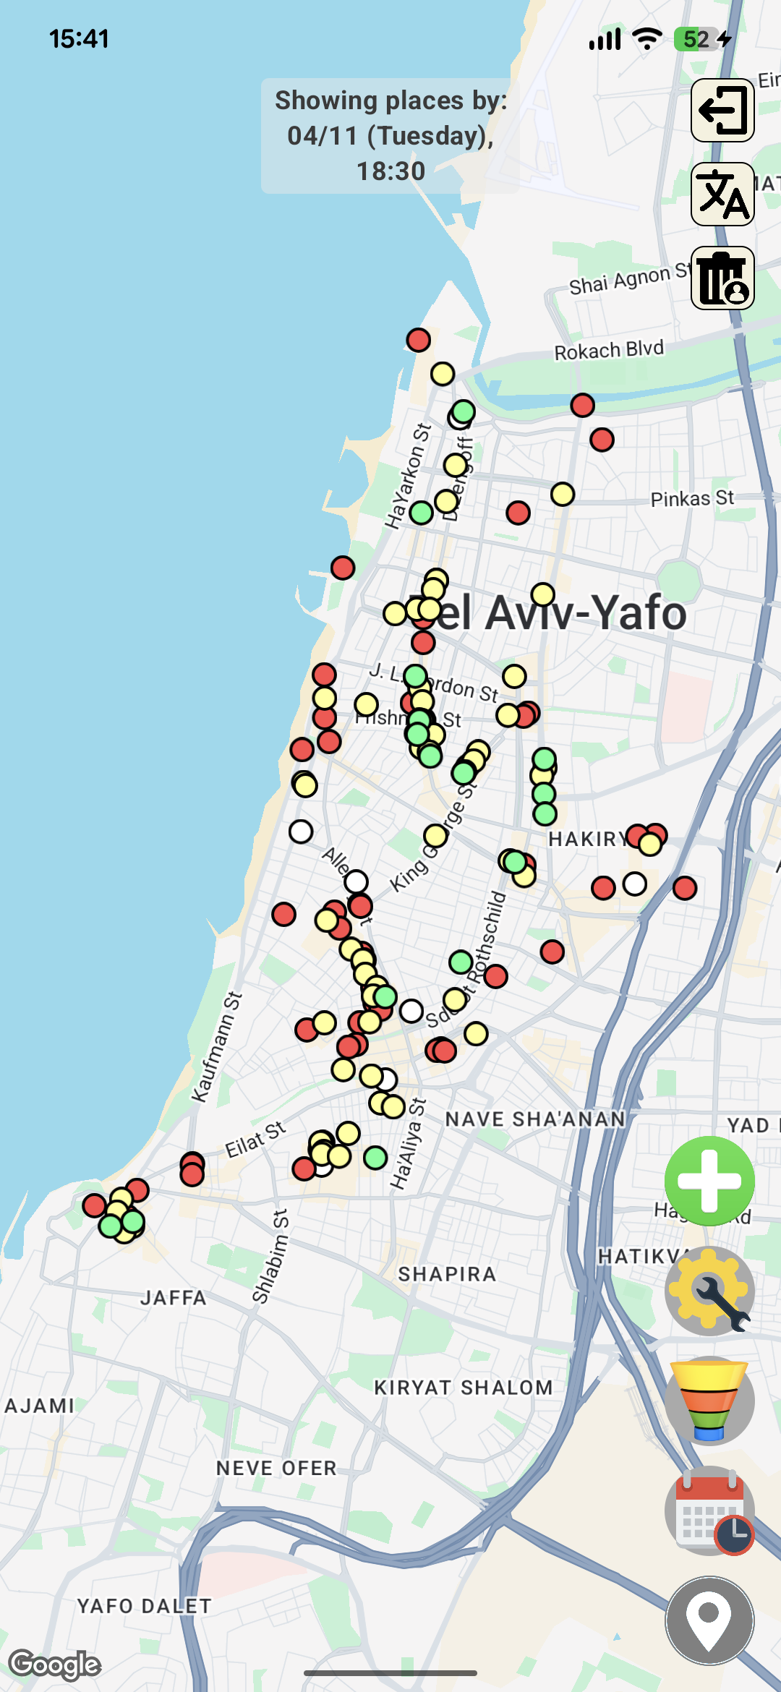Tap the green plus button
click(709, 1181)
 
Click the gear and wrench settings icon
click(709, 1291)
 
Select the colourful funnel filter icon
click(709, 1401)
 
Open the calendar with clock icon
click(709, 1511)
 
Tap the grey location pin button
click(709, 1620)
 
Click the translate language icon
click(722, 194)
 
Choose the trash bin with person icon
click(722, 278)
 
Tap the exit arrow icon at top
click(722, 110)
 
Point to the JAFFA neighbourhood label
click(174, 1298)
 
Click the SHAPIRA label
click(447, 1274)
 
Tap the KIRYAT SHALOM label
click(463, 1388)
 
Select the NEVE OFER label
click(277, 1468)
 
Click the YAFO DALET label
click(145, 1606)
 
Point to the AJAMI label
click(40, 1406)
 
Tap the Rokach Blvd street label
click(609, 350)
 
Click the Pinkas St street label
click(692, 498)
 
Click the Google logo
click(55, 1665)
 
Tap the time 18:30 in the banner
click(390, 171)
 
